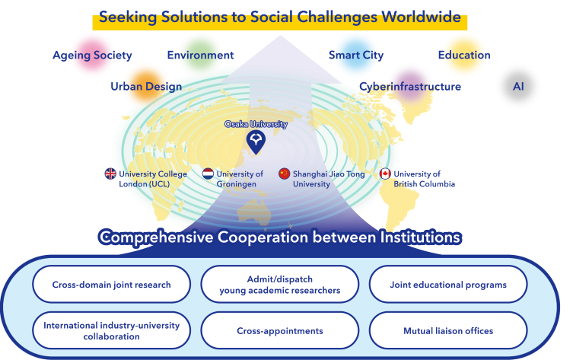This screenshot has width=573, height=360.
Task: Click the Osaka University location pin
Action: [x=256, y=140]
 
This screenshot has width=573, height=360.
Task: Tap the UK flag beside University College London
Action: [x=110, y=174]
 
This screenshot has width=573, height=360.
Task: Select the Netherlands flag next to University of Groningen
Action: [x=208, y=174]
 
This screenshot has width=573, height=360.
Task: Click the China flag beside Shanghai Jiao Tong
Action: [x=285, y=174]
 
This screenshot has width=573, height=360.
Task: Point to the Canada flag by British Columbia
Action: [x=385, y=174]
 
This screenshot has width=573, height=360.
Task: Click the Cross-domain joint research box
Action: [x=111, y=285]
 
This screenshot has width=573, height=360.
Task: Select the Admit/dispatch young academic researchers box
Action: [x=279, y=285]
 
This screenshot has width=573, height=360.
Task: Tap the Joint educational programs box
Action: [x=447, y=285]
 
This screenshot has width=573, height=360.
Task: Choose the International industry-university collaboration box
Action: [x=111, y=330]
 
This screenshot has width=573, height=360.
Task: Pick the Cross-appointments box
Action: [x=279, y=330]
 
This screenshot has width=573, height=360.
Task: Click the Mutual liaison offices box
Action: [x=447, y=330]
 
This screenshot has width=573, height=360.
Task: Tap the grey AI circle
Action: [x=518, y=87]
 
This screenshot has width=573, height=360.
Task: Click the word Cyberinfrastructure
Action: [x=411, y=87]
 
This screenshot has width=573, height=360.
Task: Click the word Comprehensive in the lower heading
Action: [x=158, y=237]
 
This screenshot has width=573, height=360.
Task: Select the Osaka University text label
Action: [x=256, y=123]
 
